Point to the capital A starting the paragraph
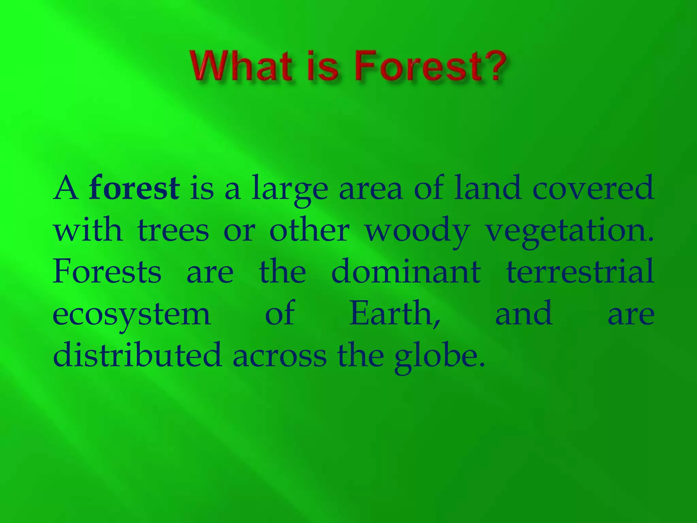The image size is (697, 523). click(66, 188)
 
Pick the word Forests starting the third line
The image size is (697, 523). click(107, 272)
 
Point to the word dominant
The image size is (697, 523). click(406, 272)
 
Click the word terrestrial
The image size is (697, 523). click(580, 272)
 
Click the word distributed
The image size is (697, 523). click(137, 355)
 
